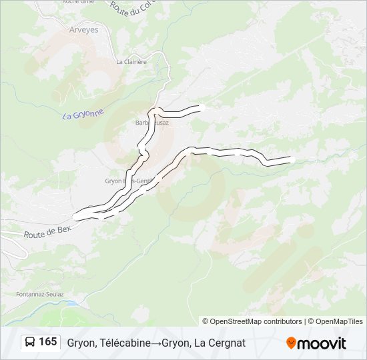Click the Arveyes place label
tap(83, 30)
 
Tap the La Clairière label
tap(131, 61)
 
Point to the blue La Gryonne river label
tap(83, 115)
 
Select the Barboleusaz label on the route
tap(152, 123)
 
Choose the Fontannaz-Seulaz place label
tap(40, 293)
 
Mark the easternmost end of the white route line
tap(291, 159)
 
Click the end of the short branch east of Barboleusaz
tap(200, 107)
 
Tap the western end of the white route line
tap(75, 217)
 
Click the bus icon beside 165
tap(30, 343)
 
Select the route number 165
tap(47, 343)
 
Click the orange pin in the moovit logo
tap(291, 343)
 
